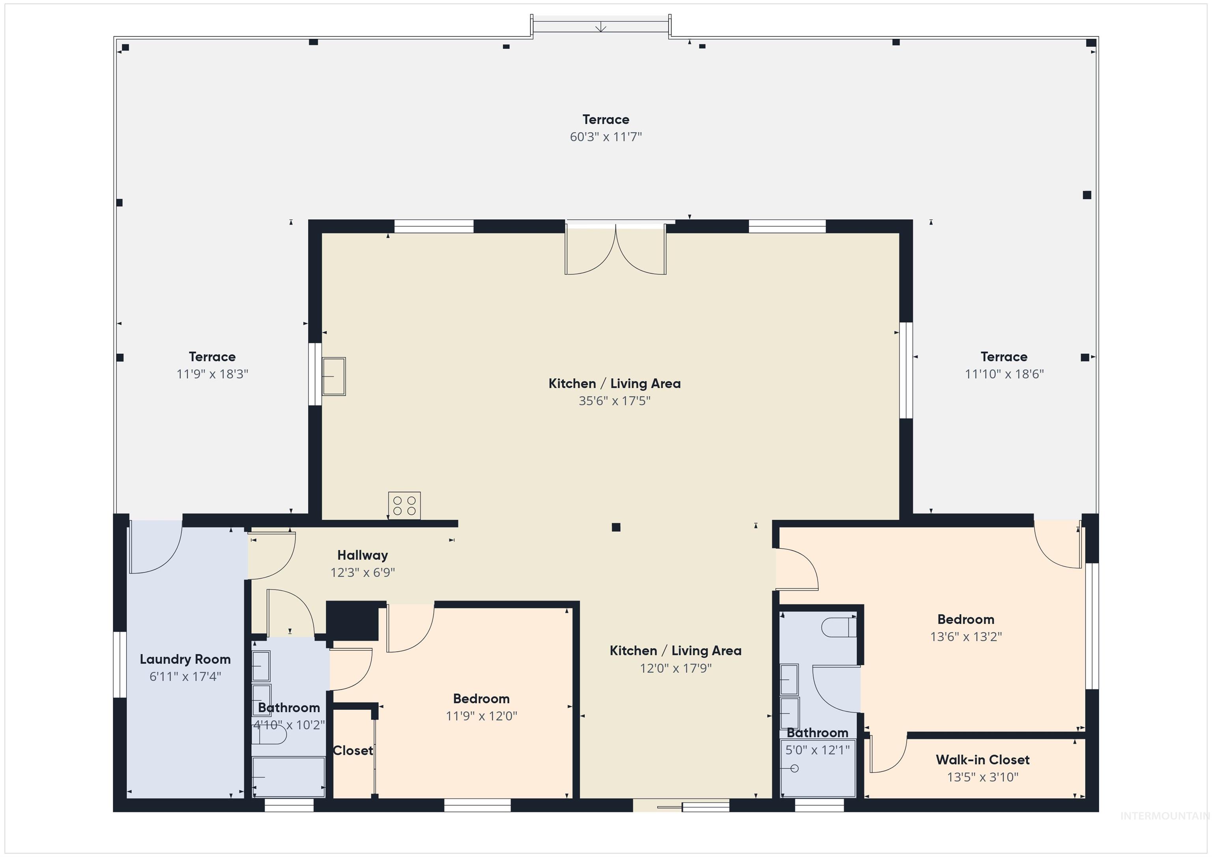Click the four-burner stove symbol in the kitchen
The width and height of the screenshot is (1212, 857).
click(x=404, y=506)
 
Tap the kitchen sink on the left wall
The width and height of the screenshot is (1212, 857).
click(x=334, y=376)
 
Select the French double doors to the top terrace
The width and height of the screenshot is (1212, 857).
click(x=615, y=249)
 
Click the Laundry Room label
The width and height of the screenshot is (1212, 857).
click(x=185, y=659)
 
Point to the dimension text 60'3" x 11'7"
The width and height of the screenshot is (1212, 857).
click(x=606, y=137)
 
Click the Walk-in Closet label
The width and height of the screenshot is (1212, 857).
click(x=982, y=760)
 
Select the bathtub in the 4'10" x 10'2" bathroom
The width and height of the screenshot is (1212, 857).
click(x=288, y=777)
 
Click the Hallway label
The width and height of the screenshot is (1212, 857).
click(x=363, y=555)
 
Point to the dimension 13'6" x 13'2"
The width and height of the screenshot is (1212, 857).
click(x=965, y=637)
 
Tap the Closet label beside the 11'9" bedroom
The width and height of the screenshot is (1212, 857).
click(x=353, y=751)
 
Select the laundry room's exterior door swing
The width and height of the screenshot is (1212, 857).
click(x=156, y=547)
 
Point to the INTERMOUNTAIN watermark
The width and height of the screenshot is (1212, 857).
click(x=1165, y=816)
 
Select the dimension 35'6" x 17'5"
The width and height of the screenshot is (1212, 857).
click(x=614, y=401)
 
